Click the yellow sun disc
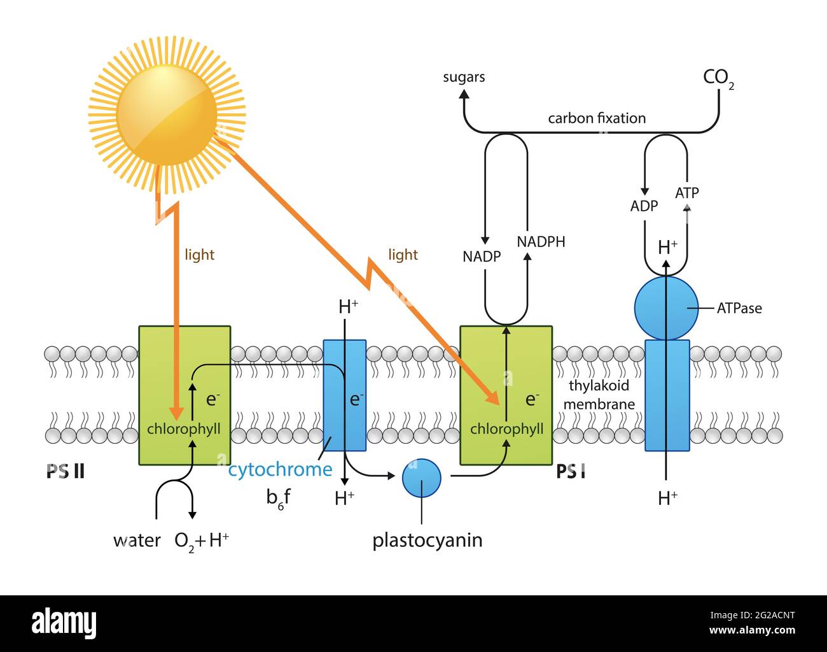[167, 115]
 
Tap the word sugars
[464, 77]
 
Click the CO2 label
[718, 78]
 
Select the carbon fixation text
[597, 118]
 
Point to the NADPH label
[541, 242]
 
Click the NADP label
[482, 257]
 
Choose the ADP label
[644, 206]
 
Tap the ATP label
[687, 192]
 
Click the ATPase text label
[739, 308]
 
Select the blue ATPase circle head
[666, 308]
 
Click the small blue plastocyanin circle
[422, 478]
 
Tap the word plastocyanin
[427, 541]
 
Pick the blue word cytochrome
[280, 470]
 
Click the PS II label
[66, 472]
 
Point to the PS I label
[571, 472]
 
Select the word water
[137, 541]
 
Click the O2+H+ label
[202, 541]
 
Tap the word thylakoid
[599, 386]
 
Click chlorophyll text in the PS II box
[184, 429]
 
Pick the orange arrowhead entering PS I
[493, 399]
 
